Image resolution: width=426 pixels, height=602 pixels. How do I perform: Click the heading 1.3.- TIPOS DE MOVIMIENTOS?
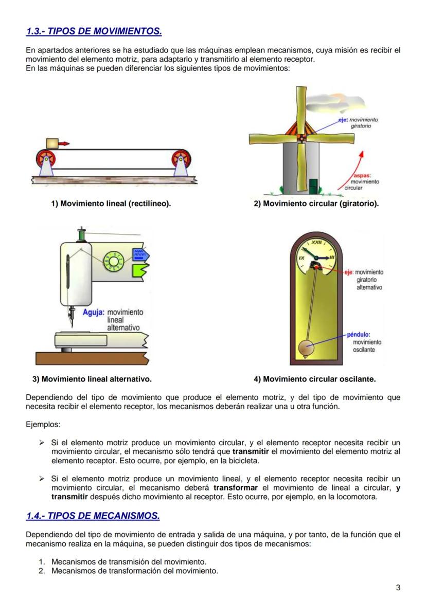point(94,32)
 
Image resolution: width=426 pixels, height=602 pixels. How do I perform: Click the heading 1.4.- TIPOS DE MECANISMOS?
point(93,515)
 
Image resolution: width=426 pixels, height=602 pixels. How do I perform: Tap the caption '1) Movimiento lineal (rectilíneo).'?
point(111,204)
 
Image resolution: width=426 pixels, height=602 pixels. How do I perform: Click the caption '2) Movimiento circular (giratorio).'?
point(316,204)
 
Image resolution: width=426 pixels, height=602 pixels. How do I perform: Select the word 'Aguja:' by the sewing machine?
point(93,312)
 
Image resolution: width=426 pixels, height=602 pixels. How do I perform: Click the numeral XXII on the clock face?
point(316,242)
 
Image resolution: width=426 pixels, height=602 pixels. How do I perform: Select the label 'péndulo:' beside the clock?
point(359,334)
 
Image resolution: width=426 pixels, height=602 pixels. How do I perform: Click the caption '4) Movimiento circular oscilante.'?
point(315,379)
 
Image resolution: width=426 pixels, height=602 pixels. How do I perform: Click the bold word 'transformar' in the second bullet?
point(235,487)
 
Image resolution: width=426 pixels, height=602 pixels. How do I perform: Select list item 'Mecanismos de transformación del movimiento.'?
point(135,571)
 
